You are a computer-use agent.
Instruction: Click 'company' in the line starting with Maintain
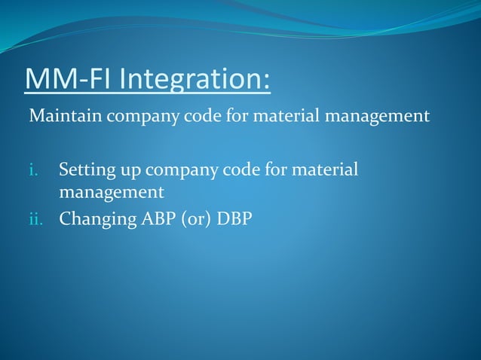(x=133, y=117)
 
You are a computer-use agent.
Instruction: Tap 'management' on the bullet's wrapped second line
(x=112, y=194)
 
